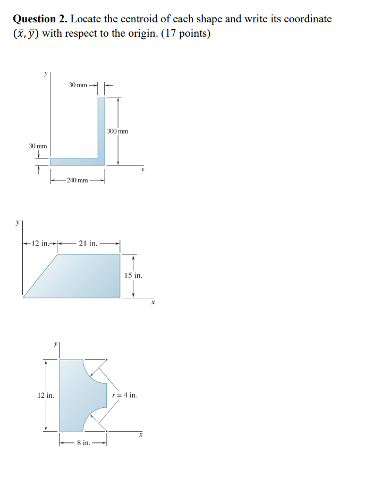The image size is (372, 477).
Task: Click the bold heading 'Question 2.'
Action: [x=40, y=19]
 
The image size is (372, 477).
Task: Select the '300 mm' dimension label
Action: [x=117, y=131]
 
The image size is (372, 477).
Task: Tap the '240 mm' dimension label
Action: [x=78, y=180]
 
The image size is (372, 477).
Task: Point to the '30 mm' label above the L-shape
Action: [x=78, y=85]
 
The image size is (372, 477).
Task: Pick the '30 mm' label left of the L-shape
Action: [x=38, y=146]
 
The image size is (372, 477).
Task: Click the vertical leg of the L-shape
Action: [x=101, y=128]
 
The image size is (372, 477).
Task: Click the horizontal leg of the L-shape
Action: [x=74, y=162]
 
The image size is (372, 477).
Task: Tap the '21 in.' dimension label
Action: [x=88, y=244]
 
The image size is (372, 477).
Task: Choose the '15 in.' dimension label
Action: [x=133, y=276]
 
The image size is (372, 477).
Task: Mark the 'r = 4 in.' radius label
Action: [x=125, y=396]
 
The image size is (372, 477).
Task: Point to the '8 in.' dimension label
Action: [x=83, y=442]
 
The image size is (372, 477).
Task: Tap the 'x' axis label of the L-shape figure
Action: [x=142, y=170]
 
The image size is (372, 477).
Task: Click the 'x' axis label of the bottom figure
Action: [x=141, y=435]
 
